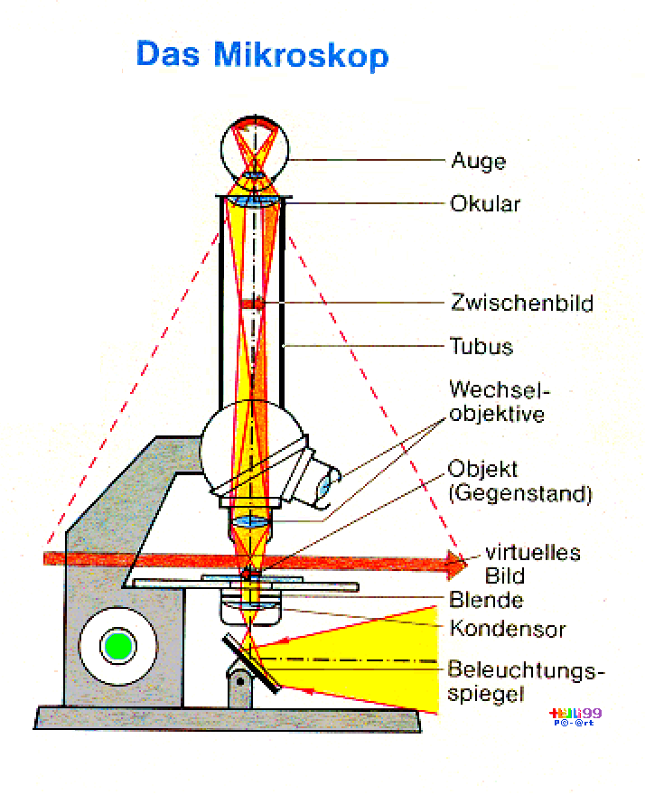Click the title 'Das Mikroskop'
point(262,54)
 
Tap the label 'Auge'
point(478,163)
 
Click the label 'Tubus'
point(481,346)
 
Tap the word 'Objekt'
point(482,470)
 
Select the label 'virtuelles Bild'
point(519,564)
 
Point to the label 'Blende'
point(486,600)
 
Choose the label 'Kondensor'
point(500,627)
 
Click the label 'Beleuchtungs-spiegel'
point(524,682)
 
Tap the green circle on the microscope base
point(117,645)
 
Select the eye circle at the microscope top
point(256,149)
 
